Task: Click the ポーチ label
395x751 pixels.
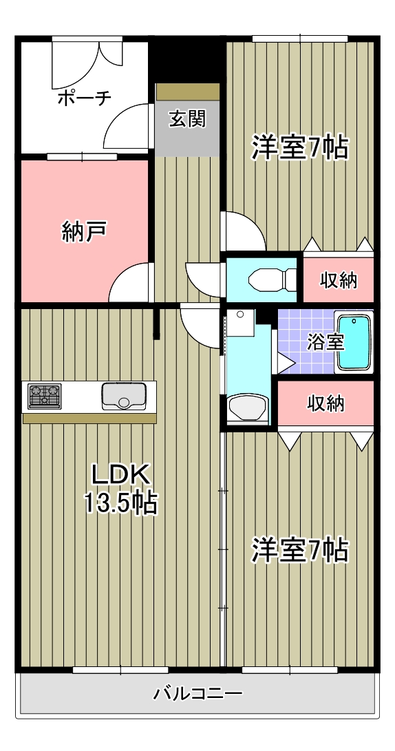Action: point(83,98)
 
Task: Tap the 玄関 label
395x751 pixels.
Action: point(186,119)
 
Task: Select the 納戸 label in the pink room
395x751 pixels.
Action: point(83,231)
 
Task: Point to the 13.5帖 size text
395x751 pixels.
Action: point(121,503)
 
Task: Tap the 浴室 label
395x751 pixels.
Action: point(325,342)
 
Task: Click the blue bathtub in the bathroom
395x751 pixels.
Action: point(354,343)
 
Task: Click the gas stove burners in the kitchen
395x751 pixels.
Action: point(44,396)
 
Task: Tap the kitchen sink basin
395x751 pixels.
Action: point(124,396)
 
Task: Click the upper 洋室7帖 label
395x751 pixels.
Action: point(299,147)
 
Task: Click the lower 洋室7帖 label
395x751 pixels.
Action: point(299,550)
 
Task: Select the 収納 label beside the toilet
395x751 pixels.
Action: point(339,280)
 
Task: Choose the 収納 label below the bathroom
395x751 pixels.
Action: point(325,403)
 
